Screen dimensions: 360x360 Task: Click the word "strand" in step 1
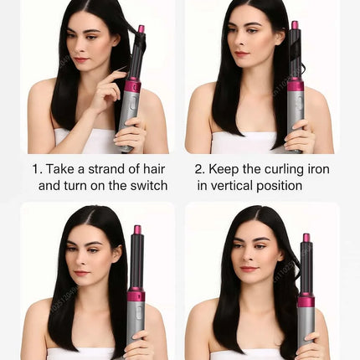[106, 168]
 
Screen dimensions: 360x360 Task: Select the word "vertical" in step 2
[237, 185]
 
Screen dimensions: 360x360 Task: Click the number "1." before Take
[38, 168]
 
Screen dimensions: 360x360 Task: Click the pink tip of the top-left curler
[141, 29]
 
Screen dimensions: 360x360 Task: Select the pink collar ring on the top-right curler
[295, 85]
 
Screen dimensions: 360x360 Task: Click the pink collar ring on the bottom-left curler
[136, 295]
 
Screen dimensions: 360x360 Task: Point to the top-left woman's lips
[81, 59]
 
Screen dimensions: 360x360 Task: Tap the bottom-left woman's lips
[81, 273]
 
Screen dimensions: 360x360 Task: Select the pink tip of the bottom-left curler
[137, 229]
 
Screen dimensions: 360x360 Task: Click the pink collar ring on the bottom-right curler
[306, 300]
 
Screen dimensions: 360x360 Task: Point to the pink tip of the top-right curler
[295, 25]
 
